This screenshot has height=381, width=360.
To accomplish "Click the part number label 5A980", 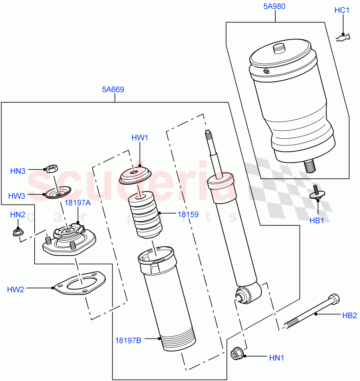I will pyautogui.click(x=274, y=6).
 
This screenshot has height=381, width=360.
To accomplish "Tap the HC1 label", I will pyautogui.click(x=342, y=10).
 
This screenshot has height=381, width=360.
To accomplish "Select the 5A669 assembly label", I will pyautogui.click(x=113, y=90).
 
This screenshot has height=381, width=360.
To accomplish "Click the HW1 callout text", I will pyautogui.click(x=140, y=138).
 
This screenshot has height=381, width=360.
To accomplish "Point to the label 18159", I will pyautogui.click(x=188, y=214).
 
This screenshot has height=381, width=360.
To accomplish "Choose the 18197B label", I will pyautogui.click(x=128, y=340).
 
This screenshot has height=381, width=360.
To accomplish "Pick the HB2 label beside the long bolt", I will pyautogui.click(x=350, y=315).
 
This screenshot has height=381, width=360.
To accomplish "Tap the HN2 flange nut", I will pyautogui.click(x=17, y=232).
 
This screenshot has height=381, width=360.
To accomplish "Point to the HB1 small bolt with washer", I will pyautogui.click(x=317, y=193).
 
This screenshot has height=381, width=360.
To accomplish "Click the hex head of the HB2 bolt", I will pyautogui.click(x=334, y=299).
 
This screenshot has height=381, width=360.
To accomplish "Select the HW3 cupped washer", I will pyautogui.click(x=58, y=192).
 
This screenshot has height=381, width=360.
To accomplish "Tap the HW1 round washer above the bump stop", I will pyautogui.click(x=135, y=175).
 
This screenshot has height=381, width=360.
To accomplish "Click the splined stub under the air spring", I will pyautogui.click(x=310, y=166).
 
